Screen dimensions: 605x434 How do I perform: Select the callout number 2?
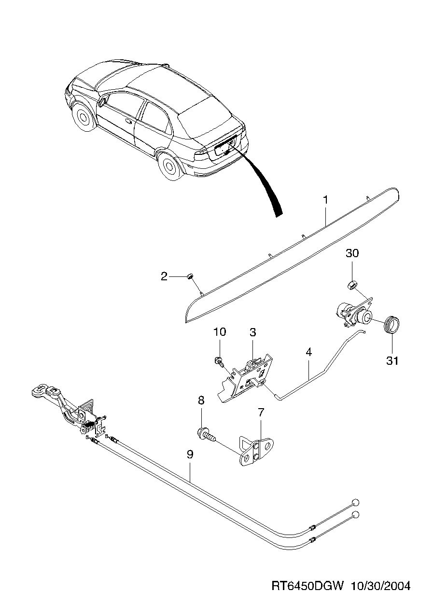pyautogui.click(x=164, y=276)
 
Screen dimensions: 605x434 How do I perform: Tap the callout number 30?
pyautogui.click(x=352, y=253)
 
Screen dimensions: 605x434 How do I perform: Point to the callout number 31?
pyautogui.click(x=392, y=360)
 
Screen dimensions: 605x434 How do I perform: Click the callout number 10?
pyautogui.click(x=219, y=332)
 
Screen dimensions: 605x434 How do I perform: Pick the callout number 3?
pyautogui.click(x=252, y=332)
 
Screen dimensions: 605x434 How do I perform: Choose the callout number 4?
pyautogui.click(x=308, y=352)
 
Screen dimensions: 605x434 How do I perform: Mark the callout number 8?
pyautogui.click(x=201, y=400)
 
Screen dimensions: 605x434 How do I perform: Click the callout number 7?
pyautogui.click(x=261, y=412)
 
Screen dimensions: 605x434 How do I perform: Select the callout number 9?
pyautogui.click(x=190, y=454)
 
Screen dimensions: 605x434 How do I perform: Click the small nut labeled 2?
pyautogui.click(x=190, y=276)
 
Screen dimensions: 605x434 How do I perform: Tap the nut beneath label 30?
pyautogui.click(x=351, y=285)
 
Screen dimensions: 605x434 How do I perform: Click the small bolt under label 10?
pyautogui.click(x=218, y=360)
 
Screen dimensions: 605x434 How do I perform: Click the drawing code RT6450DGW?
pyautogui.click(x=307, y=586)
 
